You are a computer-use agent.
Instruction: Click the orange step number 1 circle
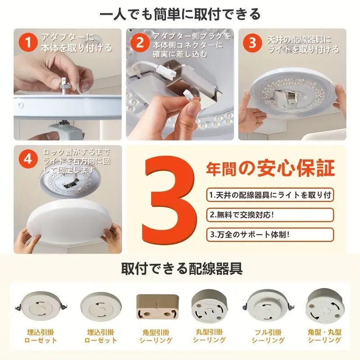coord(28,42)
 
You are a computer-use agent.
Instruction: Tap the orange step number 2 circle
coord(139,42)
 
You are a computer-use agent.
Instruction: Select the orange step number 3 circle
coord(252,43)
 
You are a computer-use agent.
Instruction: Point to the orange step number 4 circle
coord(28,159)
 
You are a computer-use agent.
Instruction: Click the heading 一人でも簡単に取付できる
coord(180,14)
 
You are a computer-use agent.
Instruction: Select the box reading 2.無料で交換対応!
coord(270,215)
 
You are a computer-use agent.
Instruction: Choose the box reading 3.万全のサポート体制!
coord(270,234)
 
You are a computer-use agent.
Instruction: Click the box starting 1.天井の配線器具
coord(270,195)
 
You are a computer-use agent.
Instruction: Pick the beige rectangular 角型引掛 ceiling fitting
coord(157,307)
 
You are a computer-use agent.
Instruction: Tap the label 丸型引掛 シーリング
coord(209,336)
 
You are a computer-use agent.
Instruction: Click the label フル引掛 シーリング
coord(268,336)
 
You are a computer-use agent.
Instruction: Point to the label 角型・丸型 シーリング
coord(324,336)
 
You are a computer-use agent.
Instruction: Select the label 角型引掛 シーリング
coord(156,336)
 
